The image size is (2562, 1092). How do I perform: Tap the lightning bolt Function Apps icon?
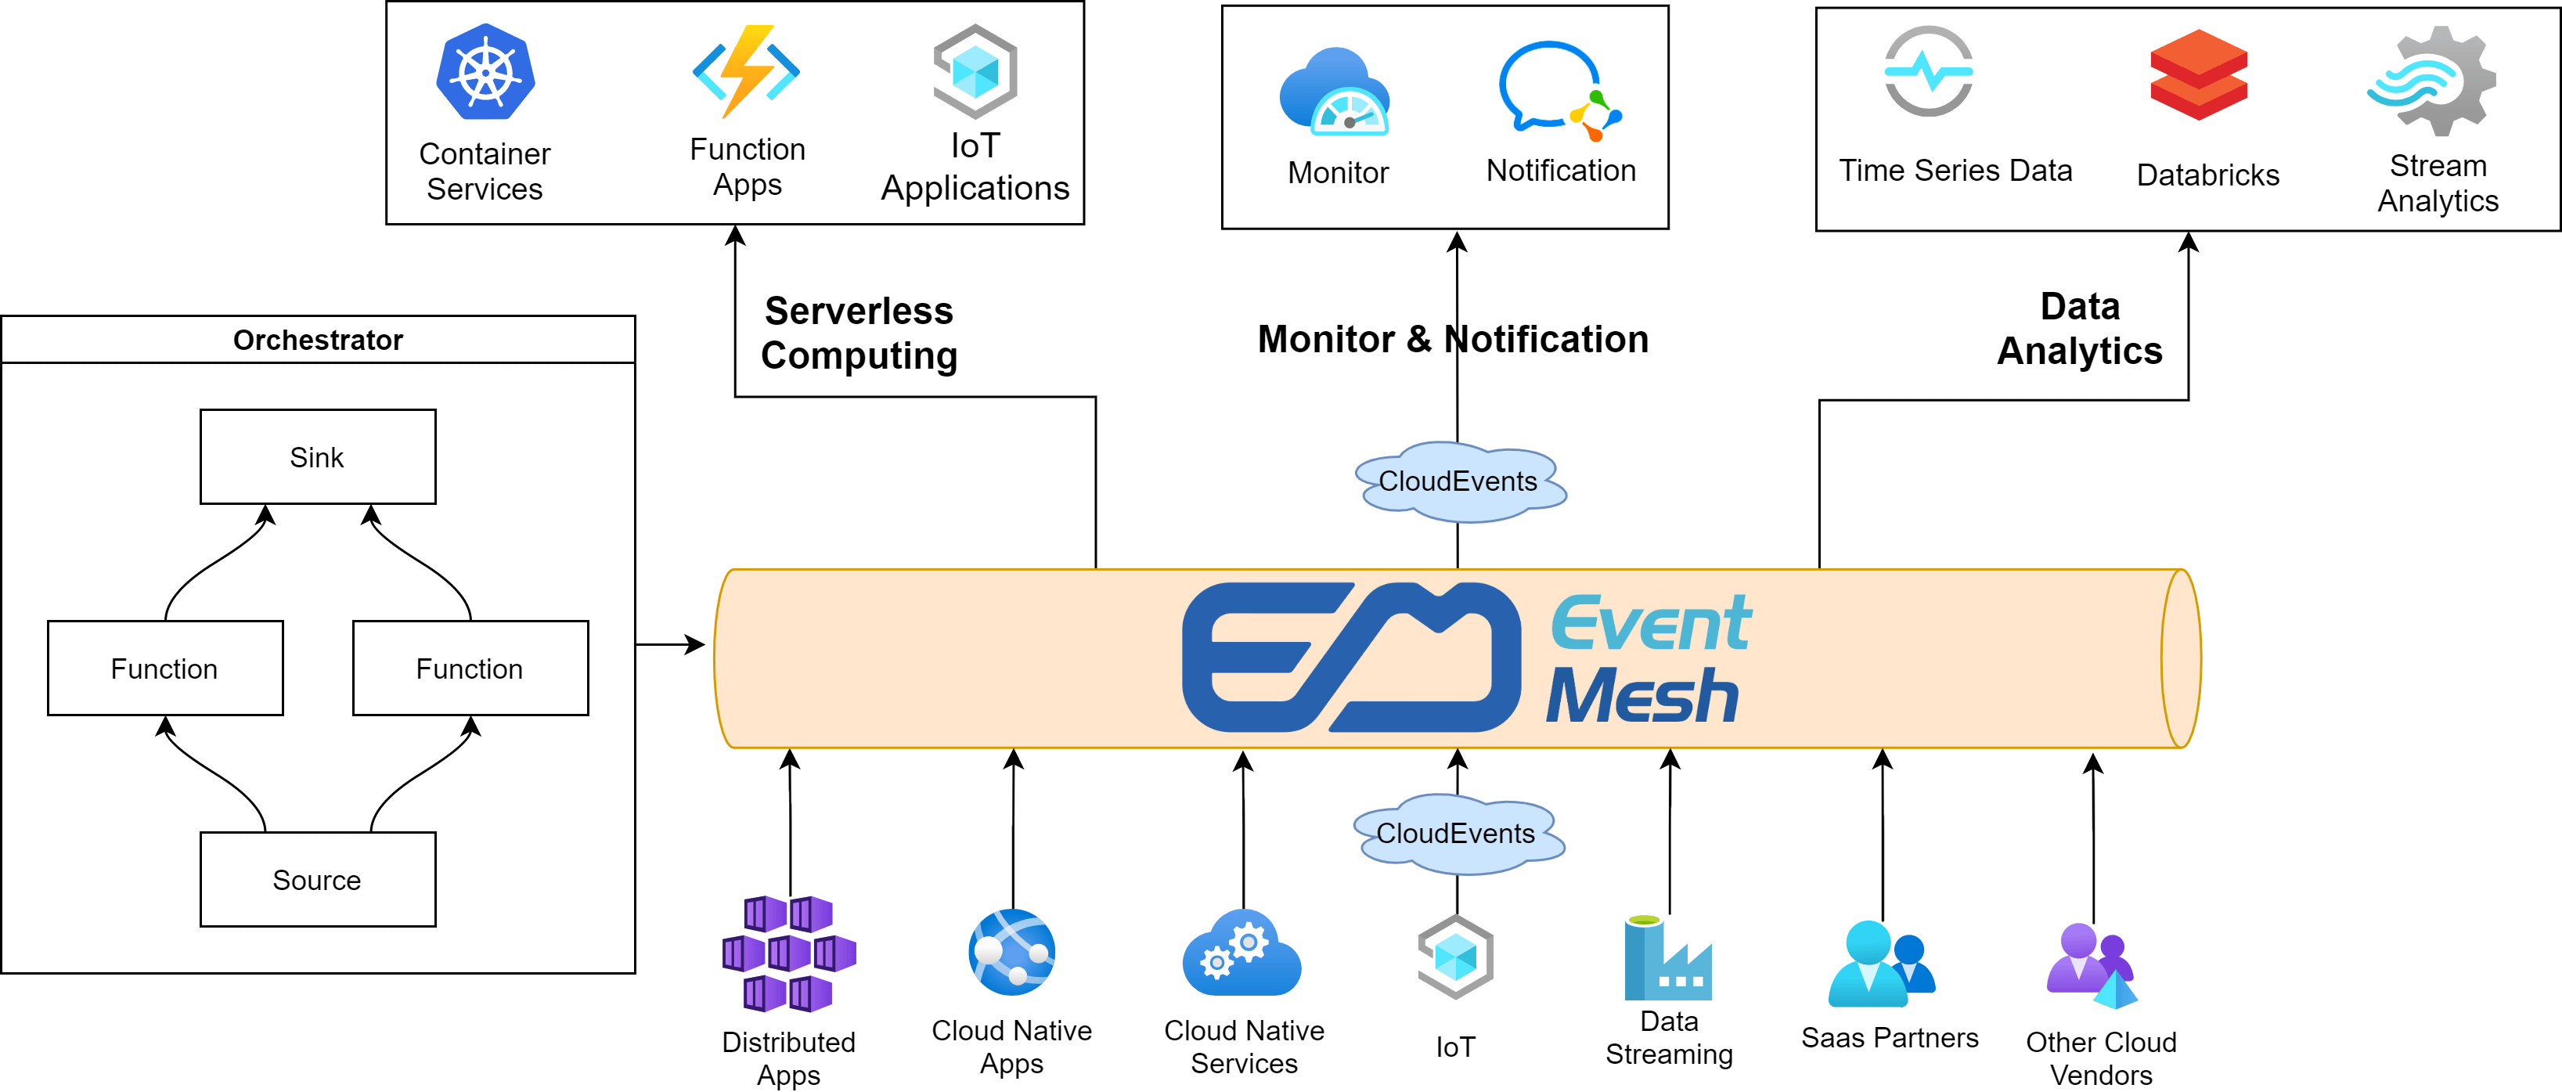(746, 71)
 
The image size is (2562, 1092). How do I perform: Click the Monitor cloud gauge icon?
(1335, 92)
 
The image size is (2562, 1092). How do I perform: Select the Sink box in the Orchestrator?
(317, 457)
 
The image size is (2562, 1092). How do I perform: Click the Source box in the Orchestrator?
(317, 880)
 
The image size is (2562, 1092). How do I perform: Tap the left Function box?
(165, 669)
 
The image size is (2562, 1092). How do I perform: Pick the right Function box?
(470, 669)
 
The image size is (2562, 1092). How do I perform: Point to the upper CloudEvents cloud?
(1458, 481)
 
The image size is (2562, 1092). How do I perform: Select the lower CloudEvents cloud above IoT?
(1456, 834)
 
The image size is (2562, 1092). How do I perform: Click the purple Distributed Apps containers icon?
(789, 953)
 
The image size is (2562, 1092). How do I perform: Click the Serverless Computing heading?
(859, 333)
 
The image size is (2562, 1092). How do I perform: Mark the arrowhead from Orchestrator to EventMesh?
(696, 644)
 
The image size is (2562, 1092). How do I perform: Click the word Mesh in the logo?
(1642, 696)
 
